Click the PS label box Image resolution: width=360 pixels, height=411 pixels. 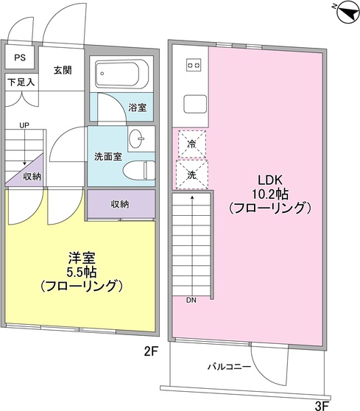click(20, 57)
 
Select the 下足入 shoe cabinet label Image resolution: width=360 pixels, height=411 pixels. click(21, 82)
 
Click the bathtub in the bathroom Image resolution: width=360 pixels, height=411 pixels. click(122, 74)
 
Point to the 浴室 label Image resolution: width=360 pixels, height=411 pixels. click(137, 108)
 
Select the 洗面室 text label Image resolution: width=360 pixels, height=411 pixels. click(107, 156)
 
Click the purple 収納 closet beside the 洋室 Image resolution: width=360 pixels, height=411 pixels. click(121, 204)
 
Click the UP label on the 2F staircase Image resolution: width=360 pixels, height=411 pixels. click(24, 126)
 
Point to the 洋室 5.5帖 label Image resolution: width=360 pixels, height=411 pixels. click(81, 271)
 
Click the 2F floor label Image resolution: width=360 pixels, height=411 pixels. click(151, 353)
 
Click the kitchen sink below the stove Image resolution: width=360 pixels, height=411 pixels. click(194, 103)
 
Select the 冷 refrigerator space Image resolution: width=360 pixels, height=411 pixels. click(191, 144)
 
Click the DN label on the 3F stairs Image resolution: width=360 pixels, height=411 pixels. click(191, 300)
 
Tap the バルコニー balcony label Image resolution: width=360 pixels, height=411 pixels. click(229, 366)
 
